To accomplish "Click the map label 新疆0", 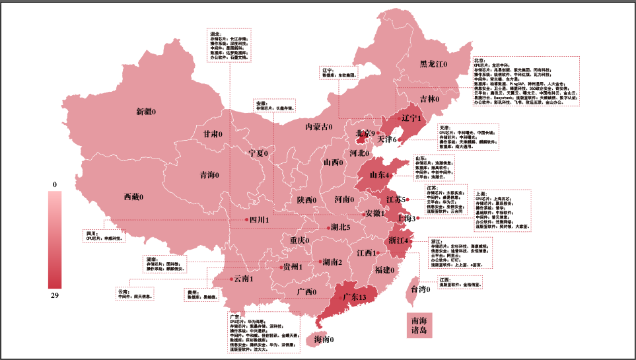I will pyautogui.click(x=146, y=112).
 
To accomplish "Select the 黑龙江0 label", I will pyautogui.click(x=434, y=64).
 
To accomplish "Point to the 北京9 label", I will pyautogui.click(x=365, y=133).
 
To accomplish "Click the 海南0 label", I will pyautogui.click(x=324, y=340).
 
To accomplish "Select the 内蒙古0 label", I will pyautogui.click(x=318, y=126).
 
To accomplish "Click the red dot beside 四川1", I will pyautogui.click(x=246, y=219).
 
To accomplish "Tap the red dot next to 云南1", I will pyautogui.click(x=230, y=279).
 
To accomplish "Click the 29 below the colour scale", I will pyautogui.click(x=55, y=295).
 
